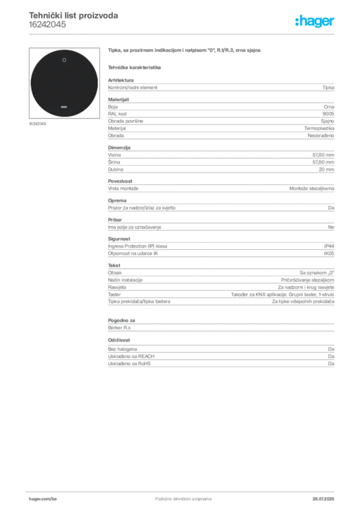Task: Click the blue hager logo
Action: coord(316,21)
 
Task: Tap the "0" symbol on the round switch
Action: coord(64,60)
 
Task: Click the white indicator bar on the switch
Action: coord(64,106)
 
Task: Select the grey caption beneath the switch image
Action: coord(37,124)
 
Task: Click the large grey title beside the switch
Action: coord(184,51)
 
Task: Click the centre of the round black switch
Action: coord(64,84)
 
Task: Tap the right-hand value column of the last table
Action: coord(333,358)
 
